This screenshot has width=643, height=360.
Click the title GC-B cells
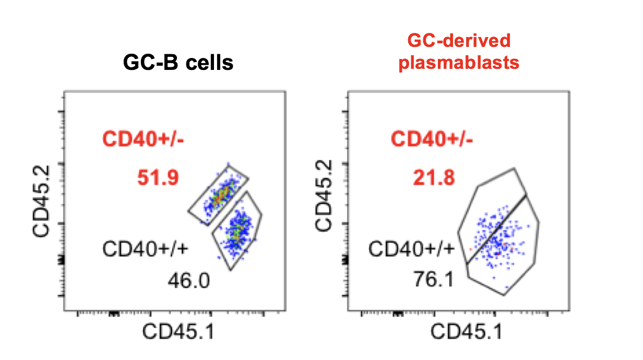click(178, 63)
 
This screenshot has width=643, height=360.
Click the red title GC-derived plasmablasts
click(459, 52)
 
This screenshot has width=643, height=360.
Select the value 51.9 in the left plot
click(158, 178)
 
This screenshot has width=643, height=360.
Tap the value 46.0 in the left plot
click(188, 282)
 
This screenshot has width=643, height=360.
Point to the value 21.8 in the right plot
click(433, 178)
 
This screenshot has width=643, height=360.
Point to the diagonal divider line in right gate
click(496, 230)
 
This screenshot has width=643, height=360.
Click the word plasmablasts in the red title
click(459, 63)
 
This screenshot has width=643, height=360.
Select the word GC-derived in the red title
click(459, 41)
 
